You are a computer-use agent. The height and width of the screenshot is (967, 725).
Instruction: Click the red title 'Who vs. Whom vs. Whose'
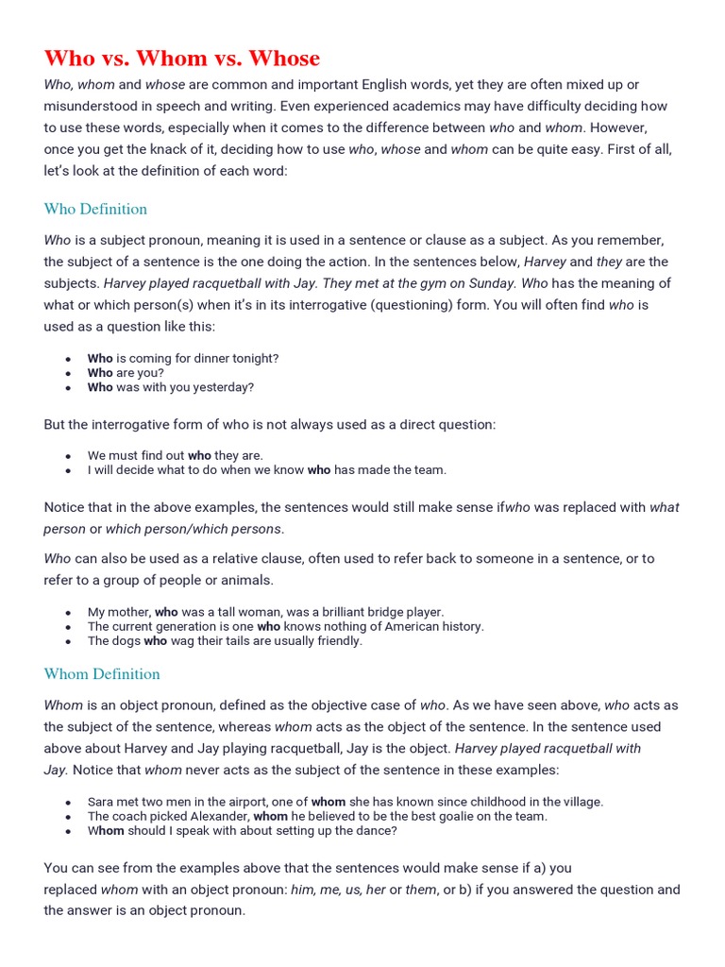click(182, 59)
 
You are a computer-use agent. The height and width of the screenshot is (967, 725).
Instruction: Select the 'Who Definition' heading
click(95, 209)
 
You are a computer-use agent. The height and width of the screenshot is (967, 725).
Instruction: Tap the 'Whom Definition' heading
click(102, 673)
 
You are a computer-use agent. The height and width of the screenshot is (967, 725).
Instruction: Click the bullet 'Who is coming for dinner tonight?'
click(183, 359)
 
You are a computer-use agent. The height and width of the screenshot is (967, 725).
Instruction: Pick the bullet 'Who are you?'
click(126, 373)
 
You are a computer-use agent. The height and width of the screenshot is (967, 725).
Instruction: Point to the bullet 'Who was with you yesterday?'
click(171, 387)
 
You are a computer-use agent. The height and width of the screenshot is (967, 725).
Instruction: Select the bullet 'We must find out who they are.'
click(176, 455)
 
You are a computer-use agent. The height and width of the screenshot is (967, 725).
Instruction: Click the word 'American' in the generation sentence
click(392, 626)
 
